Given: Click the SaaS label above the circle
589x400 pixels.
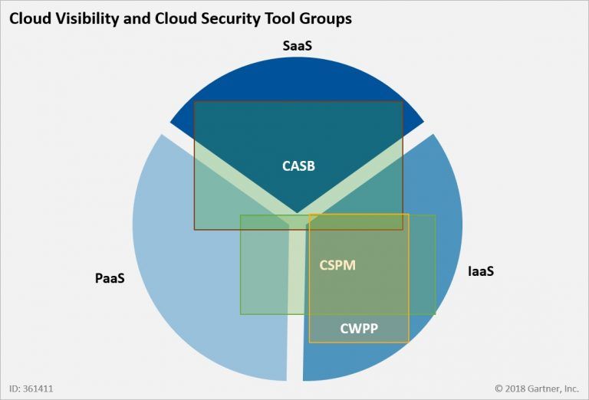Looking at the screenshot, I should coord(297,46).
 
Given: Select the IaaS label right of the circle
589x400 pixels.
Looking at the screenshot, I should coord(480,271).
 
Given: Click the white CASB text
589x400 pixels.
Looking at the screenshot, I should coord(298,166).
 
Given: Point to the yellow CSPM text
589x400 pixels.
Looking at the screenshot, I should coord(337,265).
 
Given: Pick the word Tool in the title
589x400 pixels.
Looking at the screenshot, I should coord(280,18).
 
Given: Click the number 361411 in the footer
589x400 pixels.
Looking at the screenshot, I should coord(38,389).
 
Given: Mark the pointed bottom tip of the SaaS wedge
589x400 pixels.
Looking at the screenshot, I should coord(297,213).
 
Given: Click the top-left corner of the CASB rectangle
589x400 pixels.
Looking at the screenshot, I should coord(194,101).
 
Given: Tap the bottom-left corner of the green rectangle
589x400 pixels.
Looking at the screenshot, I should coord(241,314).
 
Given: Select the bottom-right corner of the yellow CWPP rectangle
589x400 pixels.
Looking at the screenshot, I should coord(409,342).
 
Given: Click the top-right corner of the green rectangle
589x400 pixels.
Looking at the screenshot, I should coord(435,215).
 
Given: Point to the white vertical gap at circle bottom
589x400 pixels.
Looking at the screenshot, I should coord(295,360).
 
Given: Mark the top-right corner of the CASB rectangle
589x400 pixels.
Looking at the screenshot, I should coord(403,101).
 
